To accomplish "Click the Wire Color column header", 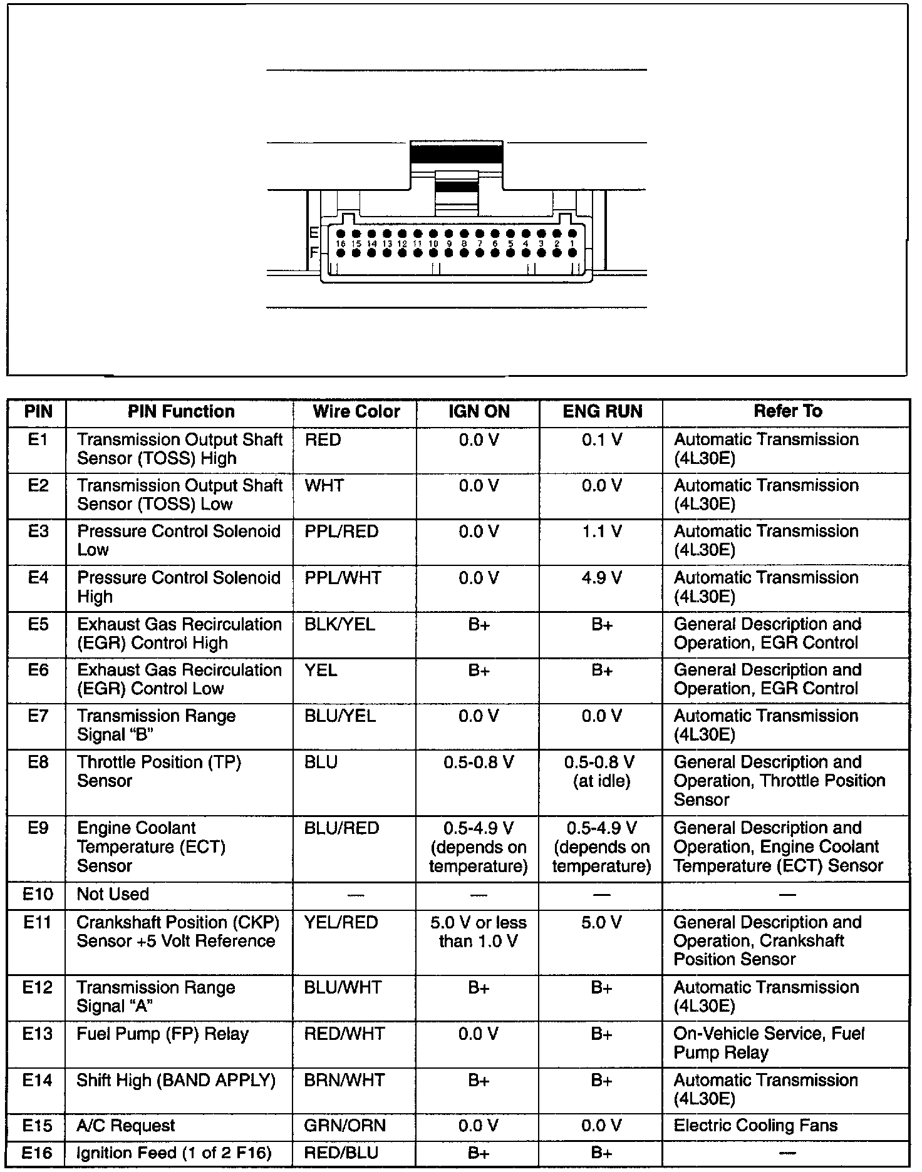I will pyautogui.click(x=356, y=411).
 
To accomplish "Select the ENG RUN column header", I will pyautogui.click(x=602, y=411).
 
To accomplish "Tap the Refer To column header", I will pyautogui.click(x=787, y=411).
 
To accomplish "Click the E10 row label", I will pyautogui.click(x=38, y=894).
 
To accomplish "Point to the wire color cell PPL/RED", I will pyautogui.click(x=341, y=532).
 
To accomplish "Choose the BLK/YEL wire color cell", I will pyautogui.click(x=339, y=624).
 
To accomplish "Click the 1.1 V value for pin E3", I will pyautogui.click(x=601, y=532).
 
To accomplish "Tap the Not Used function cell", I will pyautogui.click(x=113, y=894).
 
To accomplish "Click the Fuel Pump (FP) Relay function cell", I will pyautogui.click(x=162, y=1034).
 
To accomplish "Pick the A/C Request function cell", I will pyautogui.click(x=125, y=1126).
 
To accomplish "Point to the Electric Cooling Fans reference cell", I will pyautogui.click(x=755, y=1126).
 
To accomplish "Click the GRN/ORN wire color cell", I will pyautogui.click(x=344, y=1126).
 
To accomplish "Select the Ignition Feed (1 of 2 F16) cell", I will pyautogui.click(x=174, y=1153).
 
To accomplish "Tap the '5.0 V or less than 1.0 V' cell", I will pyautogui.click(x=479, y=932).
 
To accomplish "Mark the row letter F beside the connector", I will pyautogui.click(x=314, y=253).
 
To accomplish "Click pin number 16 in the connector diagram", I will pyautogui.click(x=341, y=244).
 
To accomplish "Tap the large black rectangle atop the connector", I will pyautogui.click(x=456, y=153).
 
